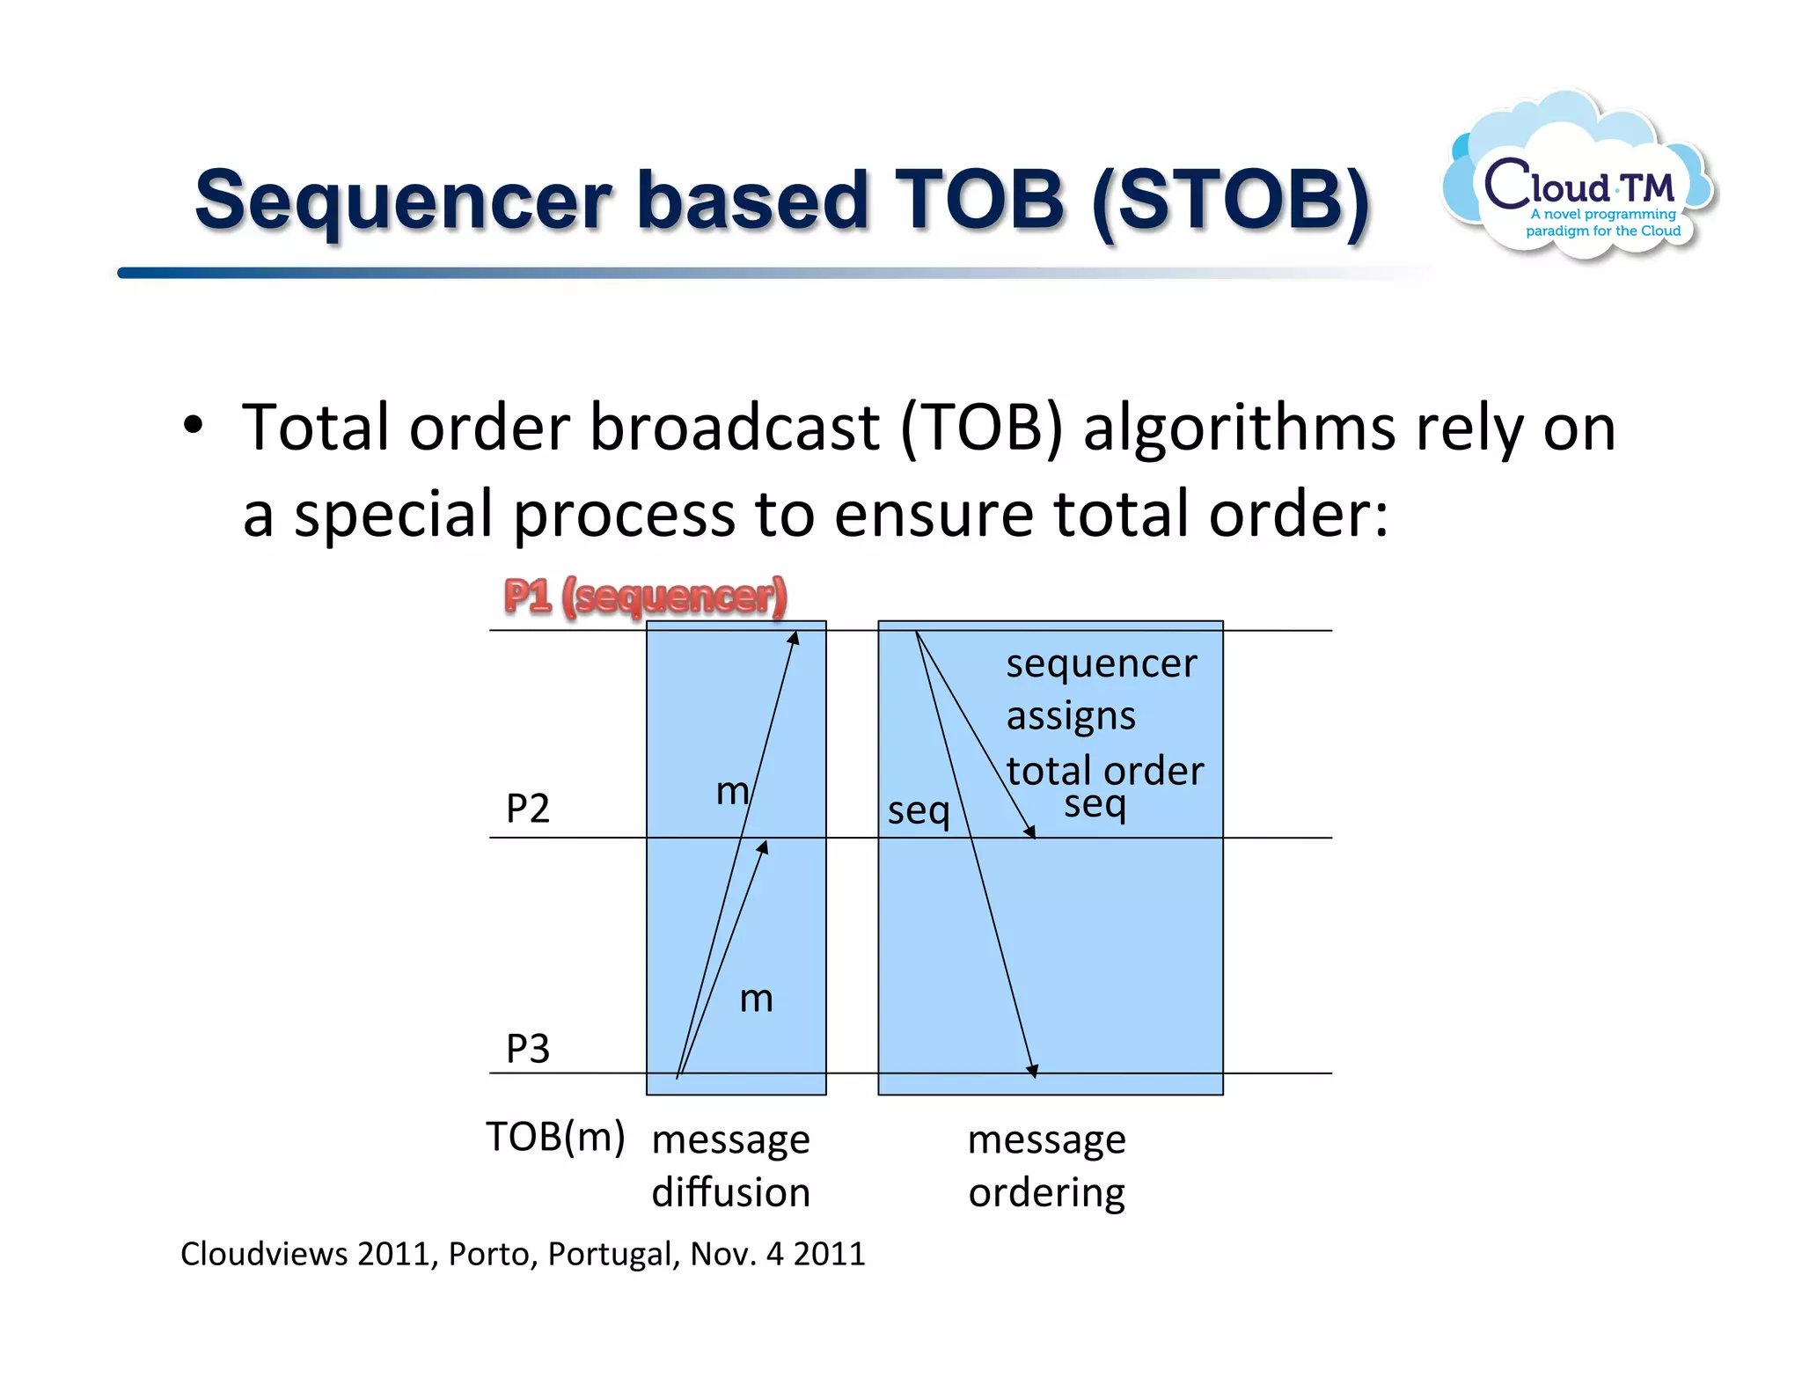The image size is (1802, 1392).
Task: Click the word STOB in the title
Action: point(1230,201)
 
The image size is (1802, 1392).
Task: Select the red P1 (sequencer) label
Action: point(645,597)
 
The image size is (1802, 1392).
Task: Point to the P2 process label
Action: point(528,808)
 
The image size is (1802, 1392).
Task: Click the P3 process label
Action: point(528,1048)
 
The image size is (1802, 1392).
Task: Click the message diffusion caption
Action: point(730,1165)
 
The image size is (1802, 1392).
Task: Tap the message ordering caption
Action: point(1046,1165)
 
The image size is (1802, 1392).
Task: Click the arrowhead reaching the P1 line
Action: point(794,638)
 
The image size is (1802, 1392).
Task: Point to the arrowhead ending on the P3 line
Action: point(1033,1070)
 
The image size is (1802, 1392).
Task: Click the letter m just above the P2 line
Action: point(732,791)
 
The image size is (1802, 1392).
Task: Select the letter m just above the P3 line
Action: point(756,999)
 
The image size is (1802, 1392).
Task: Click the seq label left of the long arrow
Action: point(919,810)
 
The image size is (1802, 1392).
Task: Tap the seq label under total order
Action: point(1095,804)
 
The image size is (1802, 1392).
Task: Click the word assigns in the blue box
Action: point(1071,716)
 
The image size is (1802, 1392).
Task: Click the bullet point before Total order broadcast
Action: point(193,427)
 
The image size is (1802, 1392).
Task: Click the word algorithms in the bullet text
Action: point(1238,429)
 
